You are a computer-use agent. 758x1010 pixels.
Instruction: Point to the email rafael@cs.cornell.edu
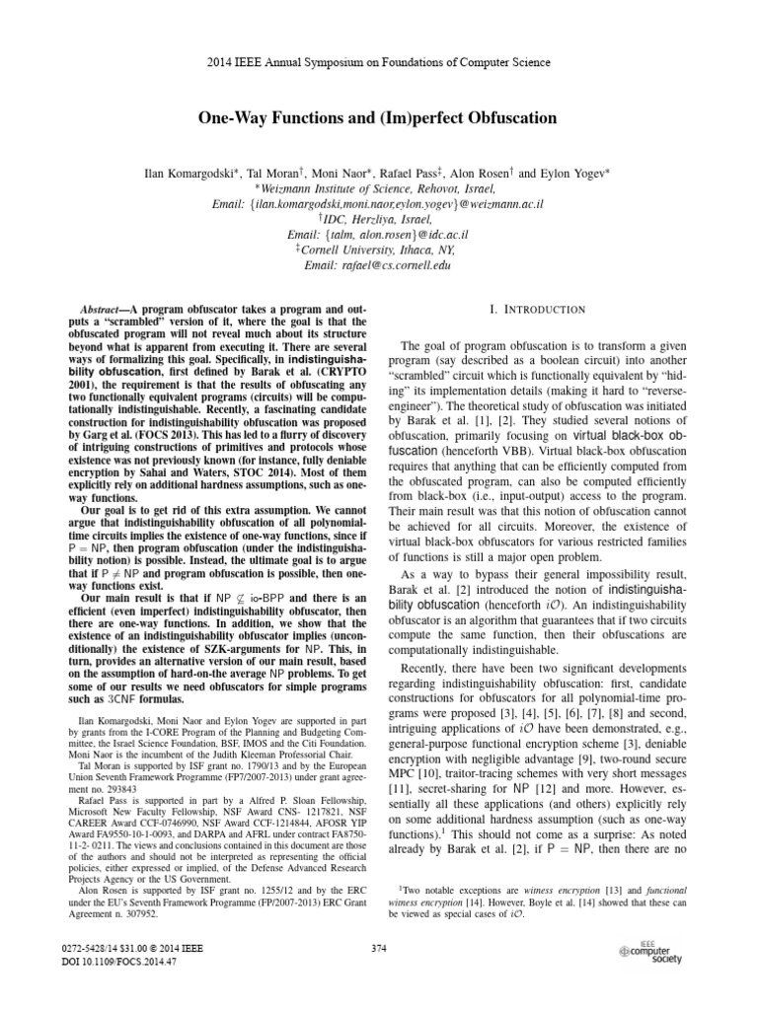point(378,264)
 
